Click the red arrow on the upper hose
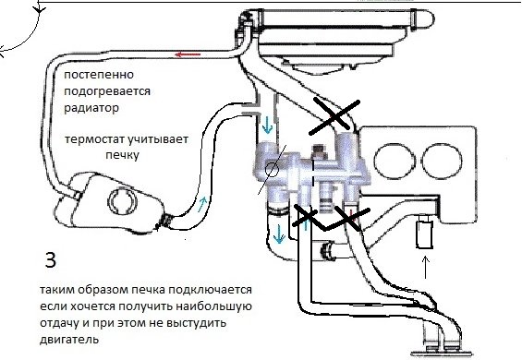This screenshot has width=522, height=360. [188, 54]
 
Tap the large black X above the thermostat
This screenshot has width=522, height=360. [334, 116]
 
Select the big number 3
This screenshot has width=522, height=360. [51, 260]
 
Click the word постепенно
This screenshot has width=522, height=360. [99, 75]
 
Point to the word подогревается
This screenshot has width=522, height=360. [107, 91]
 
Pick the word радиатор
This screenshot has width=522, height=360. [91, 108]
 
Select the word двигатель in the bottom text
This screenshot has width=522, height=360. [69, 339]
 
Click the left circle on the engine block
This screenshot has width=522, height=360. [395, 161]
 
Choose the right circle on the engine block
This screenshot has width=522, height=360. [442, 161]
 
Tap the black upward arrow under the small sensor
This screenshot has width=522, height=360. [425, 267]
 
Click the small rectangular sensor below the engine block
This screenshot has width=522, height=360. [424, 232]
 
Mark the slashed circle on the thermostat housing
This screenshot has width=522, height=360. [272, 170]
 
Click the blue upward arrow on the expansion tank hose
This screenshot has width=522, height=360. [202, 204]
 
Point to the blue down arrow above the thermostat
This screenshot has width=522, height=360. [267, 125]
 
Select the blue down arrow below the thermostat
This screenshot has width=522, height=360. [279, 234]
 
